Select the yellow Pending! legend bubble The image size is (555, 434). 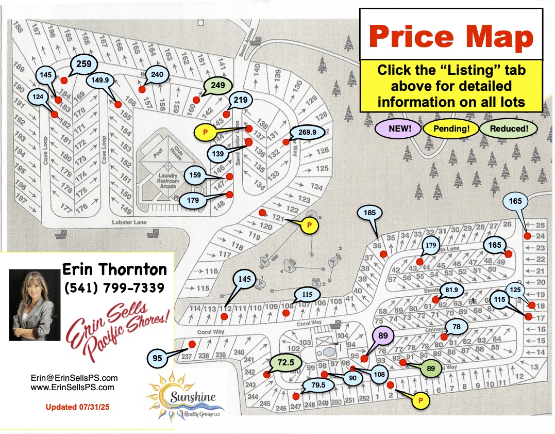pyautogui.click(x=451, y=128)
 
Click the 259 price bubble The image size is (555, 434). pyautogui.click(x=83, y=64)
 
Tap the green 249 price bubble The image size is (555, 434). pyautogui.click(x=217, y=86)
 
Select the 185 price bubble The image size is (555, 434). pyautogui.click(x=373, y=212)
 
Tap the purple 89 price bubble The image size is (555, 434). pyautogui.click(x=382, y=336)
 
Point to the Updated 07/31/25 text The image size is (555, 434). pyautogui.click(x=77, y=407)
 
